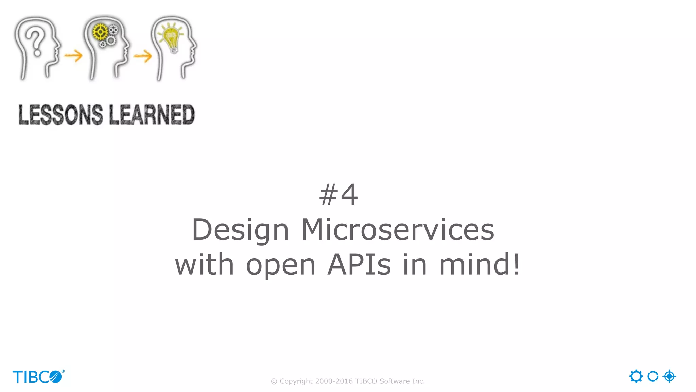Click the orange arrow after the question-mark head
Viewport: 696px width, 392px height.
73,55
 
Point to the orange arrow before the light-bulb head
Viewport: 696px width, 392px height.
143,56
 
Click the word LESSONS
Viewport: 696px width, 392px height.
60,115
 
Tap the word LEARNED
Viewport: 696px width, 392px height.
152,115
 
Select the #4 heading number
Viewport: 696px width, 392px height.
338,195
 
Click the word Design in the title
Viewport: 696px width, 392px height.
240,230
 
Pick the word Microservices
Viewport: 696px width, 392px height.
398,230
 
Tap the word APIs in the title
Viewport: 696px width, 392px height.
359,265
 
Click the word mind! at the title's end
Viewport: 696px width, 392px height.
480,265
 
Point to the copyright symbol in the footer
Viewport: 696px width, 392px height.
274,382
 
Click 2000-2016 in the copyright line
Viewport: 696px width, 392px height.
334,381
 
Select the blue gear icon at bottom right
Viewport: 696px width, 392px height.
636,376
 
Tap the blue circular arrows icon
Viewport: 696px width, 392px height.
653,376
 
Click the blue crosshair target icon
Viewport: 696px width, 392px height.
669,376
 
